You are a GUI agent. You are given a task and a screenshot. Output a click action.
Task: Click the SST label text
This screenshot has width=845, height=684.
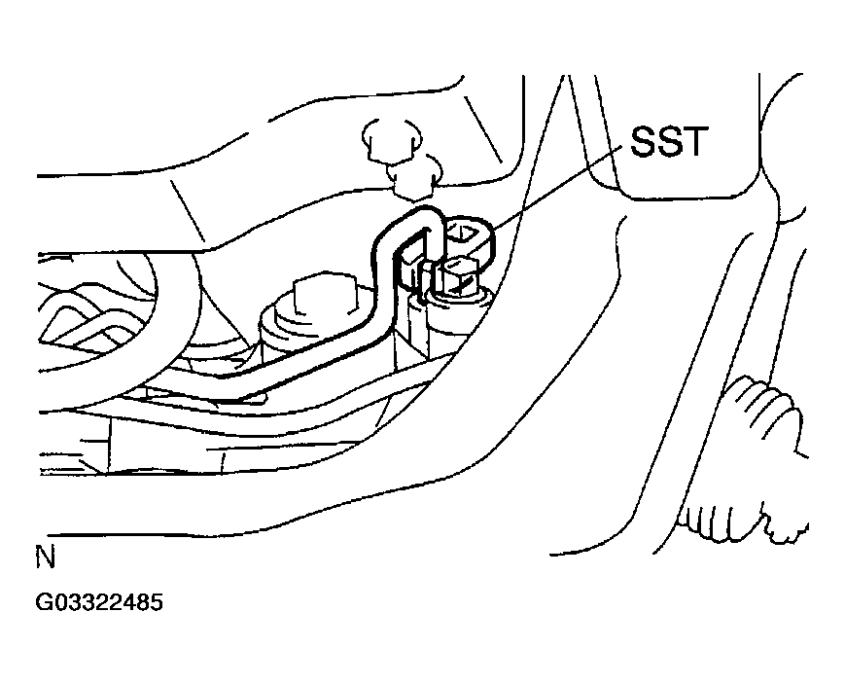point(668,141)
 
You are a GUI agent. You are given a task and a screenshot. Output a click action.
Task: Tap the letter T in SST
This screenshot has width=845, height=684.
point(692,141)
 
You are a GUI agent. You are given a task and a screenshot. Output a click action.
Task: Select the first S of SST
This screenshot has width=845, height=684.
point(643,141)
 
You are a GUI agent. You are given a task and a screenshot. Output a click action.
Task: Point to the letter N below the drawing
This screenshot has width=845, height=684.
point(46,558)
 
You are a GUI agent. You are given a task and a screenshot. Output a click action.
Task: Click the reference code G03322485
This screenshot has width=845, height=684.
point(99,602)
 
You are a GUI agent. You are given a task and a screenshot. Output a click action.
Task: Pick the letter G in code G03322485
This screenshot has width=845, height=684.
point(44,602)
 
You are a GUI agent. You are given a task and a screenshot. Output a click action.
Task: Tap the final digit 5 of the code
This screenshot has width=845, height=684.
point(157,602)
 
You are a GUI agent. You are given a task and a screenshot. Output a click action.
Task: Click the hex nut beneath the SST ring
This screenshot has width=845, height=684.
point(459,275)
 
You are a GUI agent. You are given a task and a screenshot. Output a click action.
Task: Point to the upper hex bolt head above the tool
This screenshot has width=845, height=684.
point(392,140)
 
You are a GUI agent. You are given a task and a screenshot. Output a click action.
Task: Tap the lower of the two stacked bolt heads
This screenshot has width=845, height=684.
point(414,177)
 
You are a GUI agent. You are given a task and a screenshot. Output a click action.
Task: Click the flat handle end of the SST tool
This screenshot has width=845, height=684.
point(237,385)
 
